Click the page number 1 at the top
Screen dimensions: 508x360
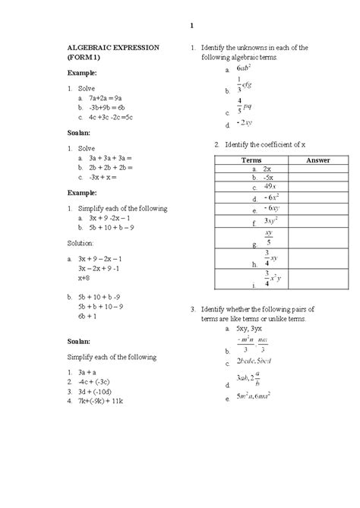coord(191,27)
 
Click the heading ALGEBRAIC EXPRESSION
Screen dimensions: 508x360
coord(114,47)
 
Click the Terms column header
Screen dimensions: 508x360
coord(251,161)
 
